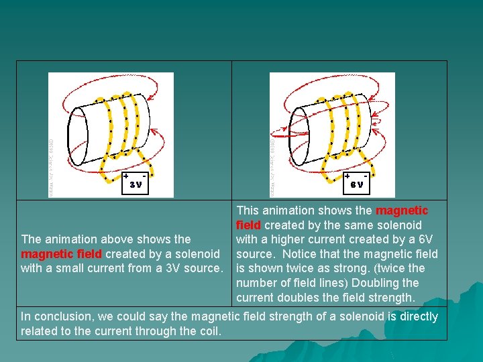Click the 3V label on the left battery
[x=136, y=185]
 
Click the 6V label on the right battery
[x=357, y=185]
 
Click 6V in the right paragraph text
[x=424, y=239]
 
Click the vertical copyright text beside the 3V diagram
[x=52, y=168]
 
